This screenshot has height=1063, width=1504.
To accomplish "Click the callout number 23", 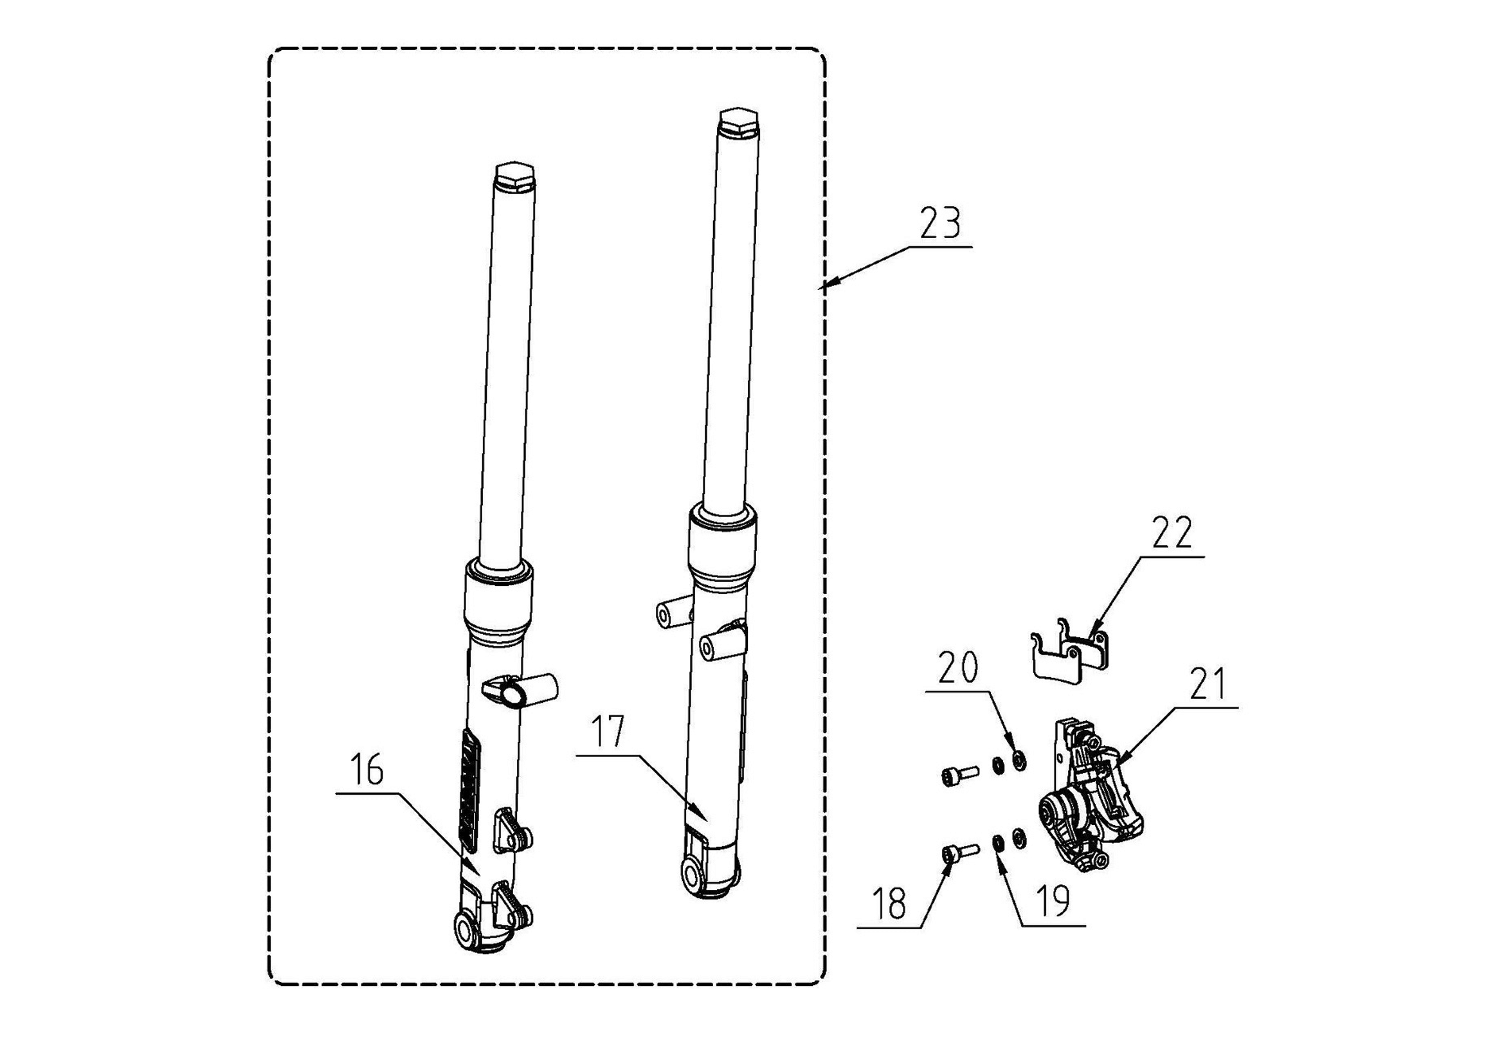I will pos(940,223).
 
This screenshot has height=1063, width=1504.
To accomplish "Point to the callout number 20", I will pos(957,668).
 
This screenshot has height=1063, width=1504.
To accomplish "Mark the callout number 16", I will pos(367,770).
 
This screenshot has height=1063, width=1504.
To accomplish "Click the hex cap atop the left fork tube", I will pos(516,176).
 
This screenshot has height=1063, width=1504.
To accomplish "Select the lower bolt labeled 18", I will pos(957,853).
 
